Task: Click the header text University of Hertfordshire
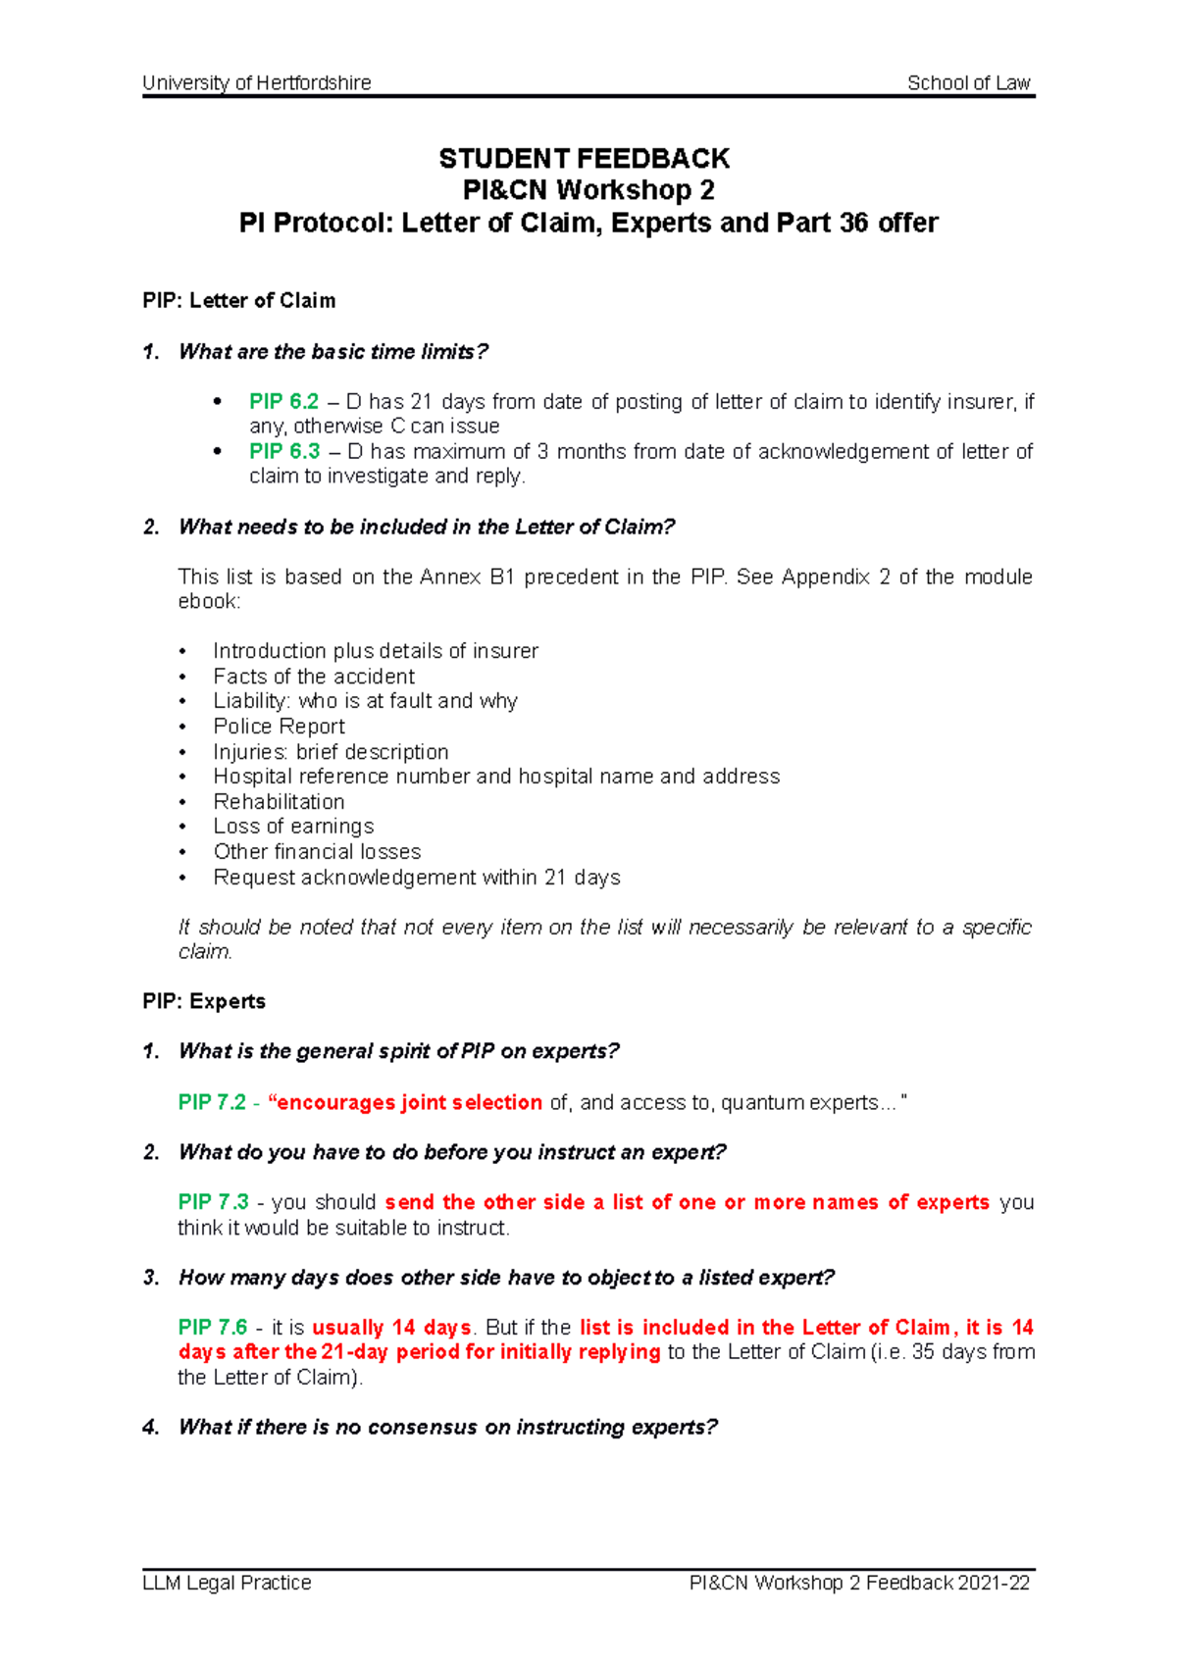256,83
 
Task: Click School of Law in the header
968,83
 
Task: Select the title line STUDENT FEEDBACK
585,159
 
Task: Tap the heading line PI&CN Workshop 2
588,190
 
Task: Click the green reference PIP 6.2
283,402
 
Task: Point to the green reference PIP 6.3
284,452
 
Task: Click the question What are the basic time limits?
333,352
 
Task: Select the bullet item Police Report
279,727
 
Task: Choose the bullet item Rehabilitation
279,802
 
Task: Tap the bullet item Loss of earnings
293,827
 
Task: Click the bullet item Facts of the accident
313,677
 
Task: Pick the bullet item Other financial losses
317,852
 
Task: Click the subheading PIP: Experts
204,1001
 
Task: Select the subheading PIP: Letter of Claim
238,301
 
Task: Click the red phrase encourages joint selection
409,1103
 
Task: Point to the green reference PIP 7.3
213,1203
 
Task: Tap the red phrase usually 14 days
391,1328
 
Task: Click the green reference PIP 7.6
213,1328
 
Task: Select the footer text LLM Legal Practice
227,1583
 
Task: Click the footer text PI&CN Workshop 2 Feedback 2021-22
859,1583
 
